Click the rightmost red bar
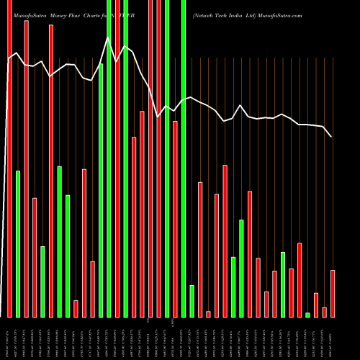(333, 293)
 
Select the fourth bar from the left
(35, 257)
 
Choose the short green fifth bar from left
(42, 282)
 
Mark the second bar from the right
(324, 312)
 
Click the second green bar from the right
(283, 284)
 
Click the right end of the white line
(332, 136)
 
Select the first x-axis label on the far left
(9, 338)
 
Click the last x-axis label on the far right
(333, 338)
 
